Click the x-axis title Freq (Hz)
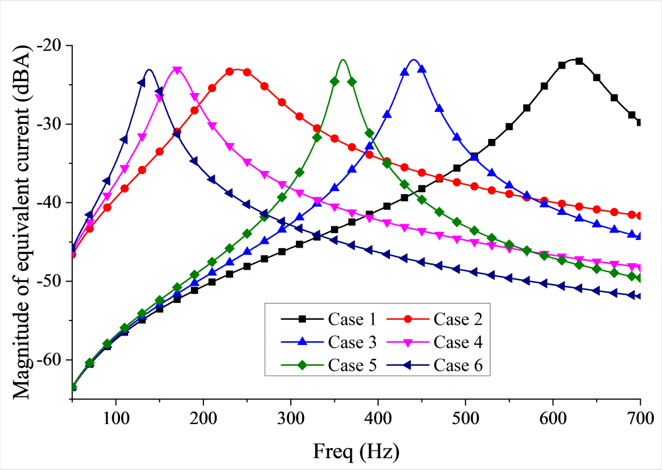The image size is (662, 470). pos(357,451)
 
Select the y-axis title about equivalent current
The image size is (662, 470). pos(23,221)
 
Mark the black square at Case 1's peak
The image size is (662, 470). pos(579,61)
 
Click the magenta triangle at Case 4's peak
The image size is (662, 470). pos(177,70)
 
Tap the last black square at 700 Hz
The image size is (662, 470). pos(640,123)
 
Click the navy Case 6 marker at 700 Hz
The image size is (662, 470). pos(640,296)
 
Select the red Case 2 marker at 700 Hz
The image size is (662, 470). pos(640,216)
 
